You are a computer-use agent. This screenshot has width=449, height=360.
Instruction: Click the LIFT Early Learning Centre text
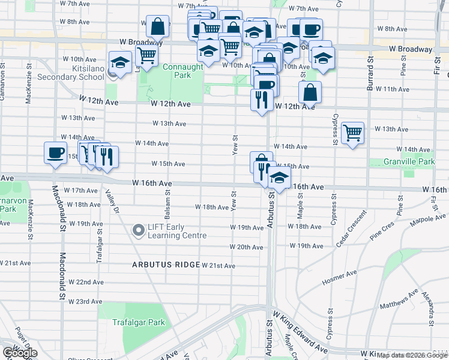click(177, 231)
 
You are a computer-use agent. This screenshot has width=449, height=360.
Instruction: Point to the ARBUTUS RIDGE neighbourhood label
click(166, 265)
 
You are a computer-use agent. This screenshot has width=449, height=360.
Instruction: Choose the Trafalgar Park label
click(139, 322)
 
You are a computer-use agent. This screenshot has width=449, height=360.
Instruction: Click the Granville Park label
click(410, 162)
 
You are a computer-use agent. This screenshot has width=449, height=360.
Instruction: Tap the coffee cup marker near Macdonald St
click(55, 152)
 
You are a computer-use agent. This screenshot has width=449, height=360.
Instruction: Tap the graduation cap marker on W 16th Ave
click(279, 176)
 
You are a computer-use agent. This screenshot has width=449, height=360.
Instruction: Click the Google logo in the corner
click(20, 353)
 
